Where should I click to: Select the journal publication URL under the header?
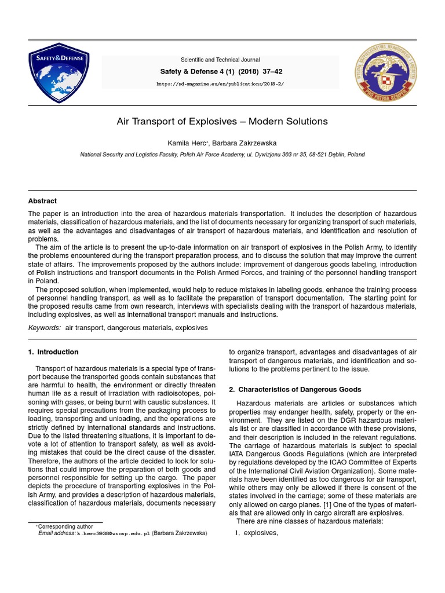click(220, 83)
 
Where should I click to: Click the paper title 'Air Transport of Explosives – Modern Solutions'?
click(222, 122)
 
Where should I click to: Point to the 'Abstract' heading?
click(42, 202)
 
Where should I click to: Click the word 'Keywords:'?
click(45, 328)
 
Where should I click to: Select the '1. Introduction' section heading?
click(53, 352)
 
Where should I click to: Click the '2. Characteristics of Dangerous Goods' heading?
click(295, 389)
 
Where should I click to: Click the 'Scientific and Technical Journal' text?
click(220, 60)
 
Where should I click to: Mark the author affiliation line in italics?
click(222, 155)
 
